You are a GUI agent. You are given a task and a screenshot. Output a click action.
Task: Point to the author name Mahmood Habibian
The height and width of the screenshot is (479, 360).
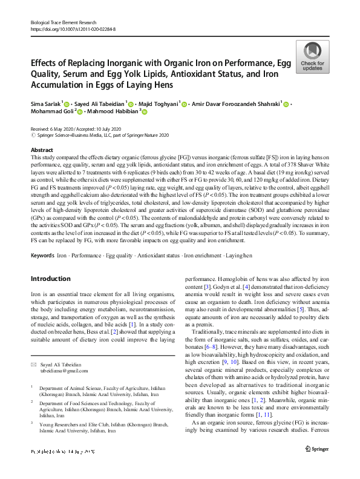tap(100, 112)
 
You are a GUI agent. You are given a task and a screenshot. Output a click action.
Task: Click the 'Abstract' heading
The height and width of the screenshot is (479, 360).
tap(41, 150)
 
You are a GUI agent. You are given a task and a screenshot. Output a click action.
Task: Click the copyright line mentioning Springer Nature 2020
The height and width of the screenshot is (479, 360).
tap(100, 136)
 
